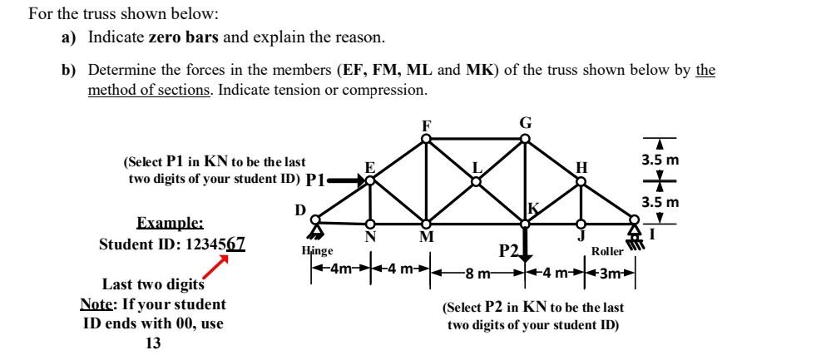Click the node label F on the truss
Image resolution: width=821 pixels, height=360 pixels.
426,126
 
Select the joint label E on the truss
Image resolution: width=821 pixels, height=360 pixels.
370,166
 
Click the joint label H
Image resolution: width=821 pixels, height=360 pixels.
581,166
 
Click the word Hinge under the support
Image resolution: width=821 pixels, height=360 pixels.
317,250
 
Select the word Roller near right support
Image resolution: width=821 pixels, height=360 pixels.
608,250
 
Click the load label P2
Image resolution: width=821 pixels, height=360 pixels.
509,251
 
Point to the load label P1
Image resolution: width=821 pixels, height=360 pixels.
315,180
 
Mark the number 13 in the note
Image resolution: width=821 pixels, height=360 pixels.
153,342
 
